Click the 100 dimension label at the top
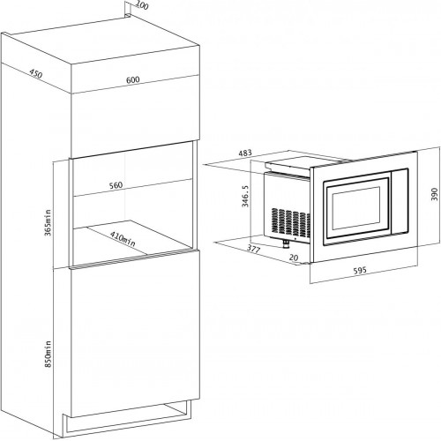[x=143, y=5]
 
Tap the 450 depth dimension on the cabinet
[x=36, y=74]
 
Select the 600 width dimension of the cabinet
[x=133, y=79]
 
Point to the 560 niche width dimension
[x=116, y=185]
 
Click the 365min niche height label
[x=48, y=222]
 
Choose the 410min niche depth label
[x=123, y=239]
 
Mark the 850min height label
[x=48, y=354]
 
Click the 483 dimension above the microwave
[x=245, y=153]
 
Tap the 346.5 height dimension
[x=245, y=196]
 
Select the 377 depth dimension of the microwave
[x=253, y=250]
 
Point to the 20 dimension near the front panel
[x=294, y=258]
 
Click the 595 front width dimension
[x=360, y=270]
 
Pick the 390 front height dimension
[x=434, y=194]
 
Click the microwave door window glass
[x=356, y=207]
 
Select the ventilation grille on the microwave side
[x=290, y=223]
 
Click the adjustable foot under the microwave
[x=286, y=243]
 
